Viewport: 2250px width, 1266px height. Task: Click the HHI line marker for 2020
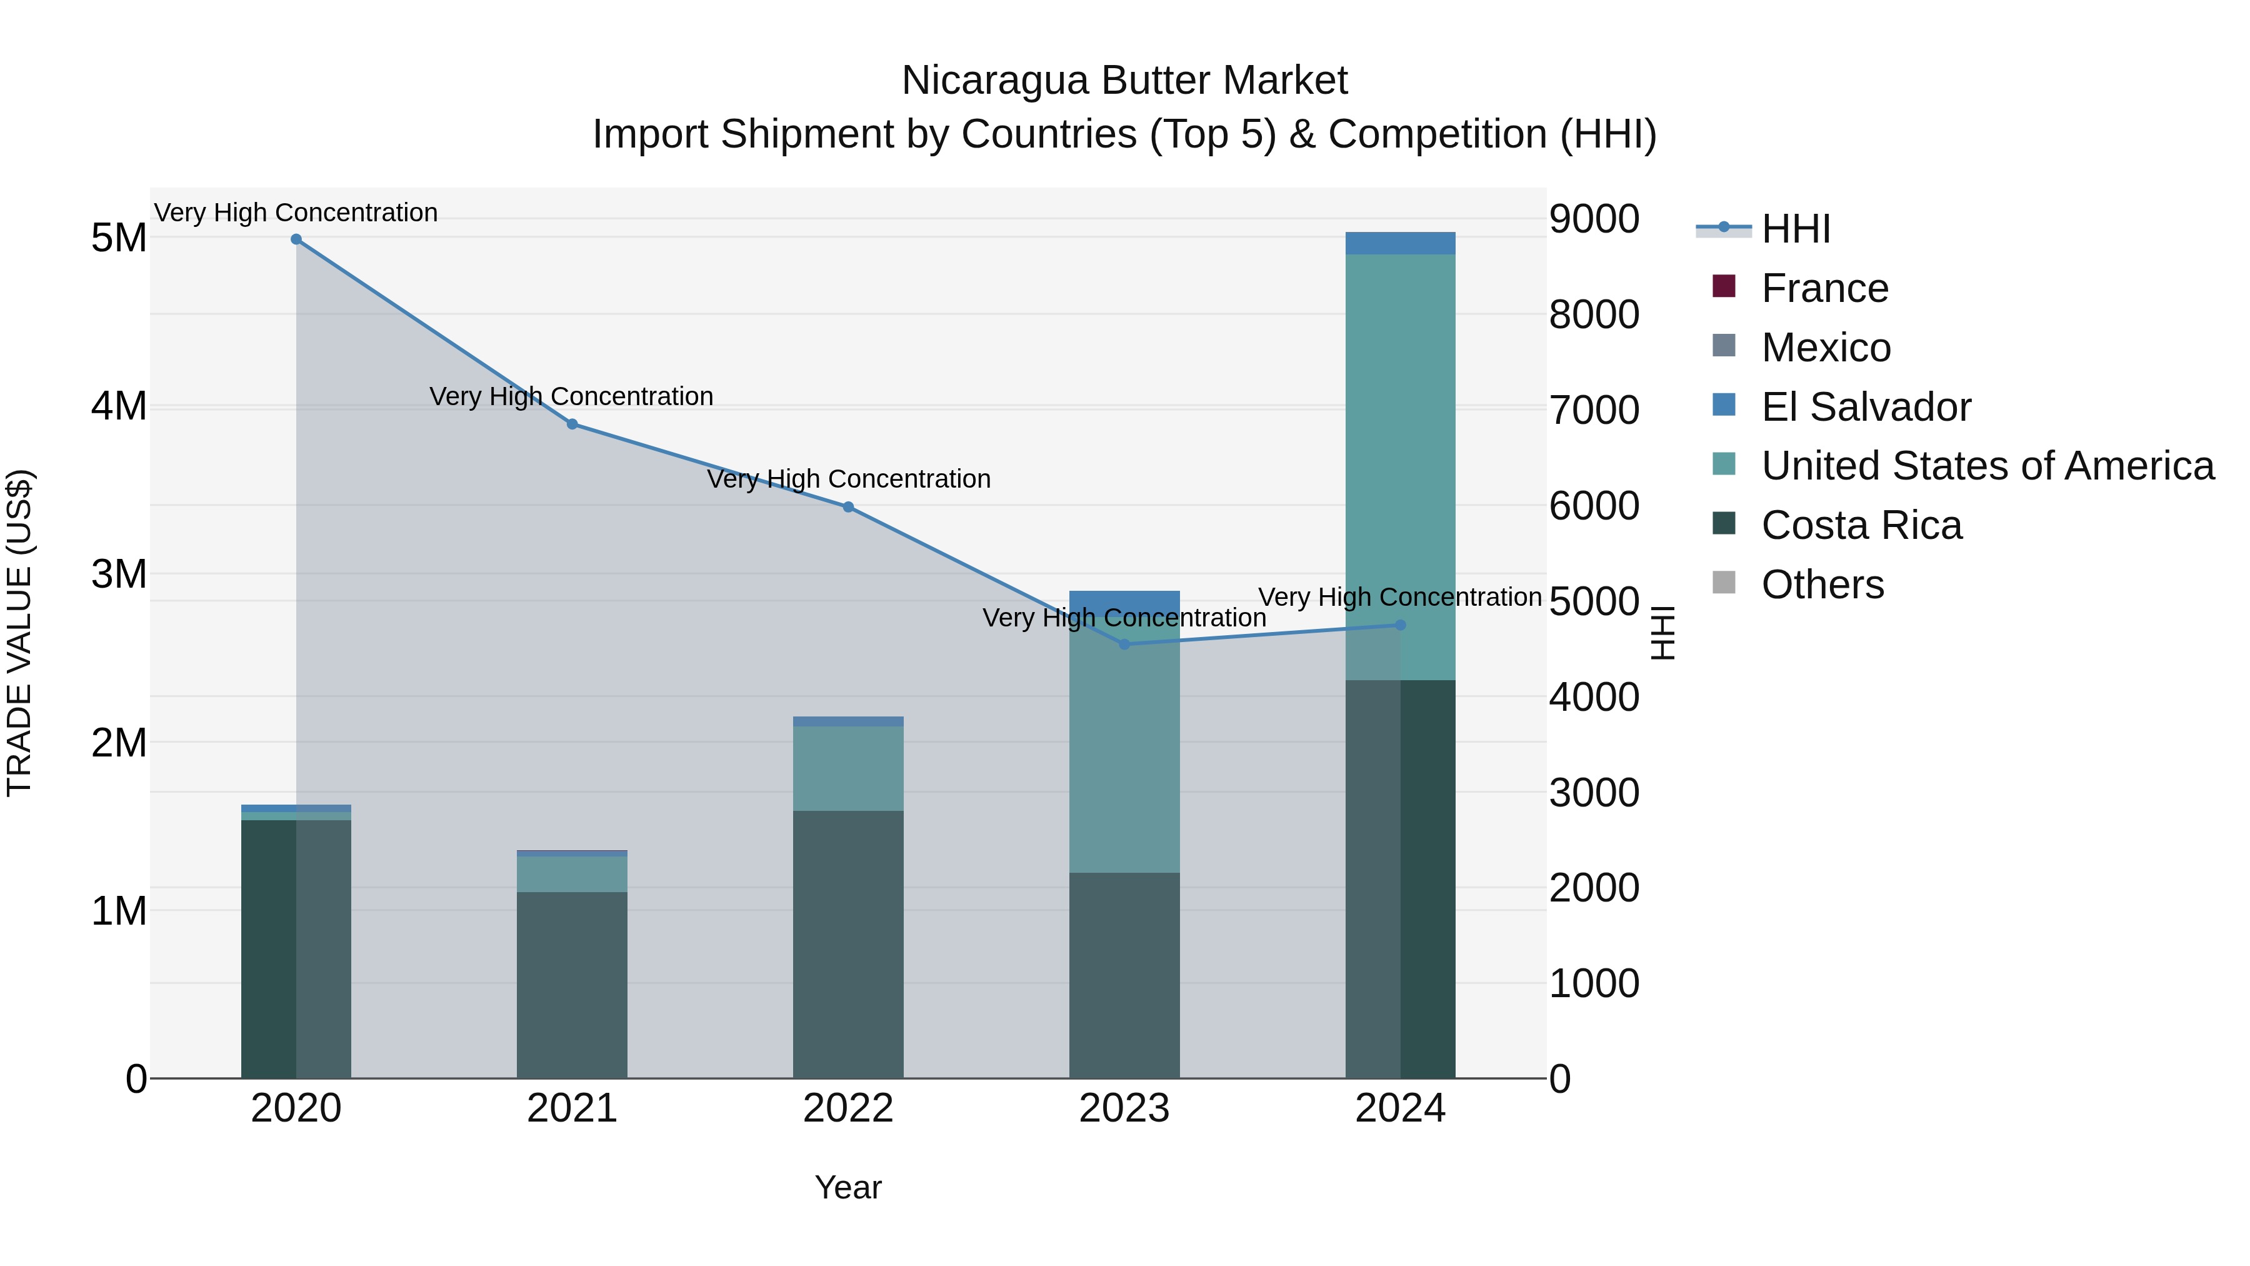click(296, 239)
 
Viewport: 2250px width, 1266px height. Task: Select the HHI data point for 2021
click(572, 424)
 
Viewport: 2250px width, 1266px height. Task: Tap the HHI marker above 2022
click(848, 507)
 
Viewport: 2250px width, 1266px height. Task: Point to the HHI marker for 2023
click(1124, 645)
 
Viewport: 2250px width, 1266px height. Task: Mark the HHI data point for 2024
click(1400, 625)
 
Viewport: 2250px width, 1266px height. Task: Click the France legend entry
click(1824, 288)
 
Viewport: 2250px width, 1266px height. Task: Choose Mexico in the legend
click(1826, 348)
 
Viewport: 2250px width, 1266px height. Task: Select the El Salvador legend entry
click(1866, 407)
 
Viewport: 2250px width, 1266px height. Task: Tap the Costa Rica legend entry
click(1861, 525)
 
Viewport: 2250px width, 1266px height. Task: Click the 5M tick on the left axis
click(119, 238)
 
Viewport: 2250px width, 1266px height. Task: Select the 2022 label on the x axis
click(848, 1108)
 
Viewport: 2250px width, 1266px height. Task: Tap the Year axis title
click(848, 1187)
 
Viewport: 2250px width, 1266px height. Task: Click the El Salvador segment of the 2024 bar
click(1400, 243)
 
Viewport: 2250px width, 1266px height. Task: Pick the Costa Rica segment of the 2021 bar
click(572, 985)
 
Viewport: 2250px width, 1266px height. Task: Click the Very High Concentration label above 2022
click(848, 479)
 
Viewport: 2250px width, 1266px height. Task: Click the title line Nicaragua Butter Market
click(1124, 81)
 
